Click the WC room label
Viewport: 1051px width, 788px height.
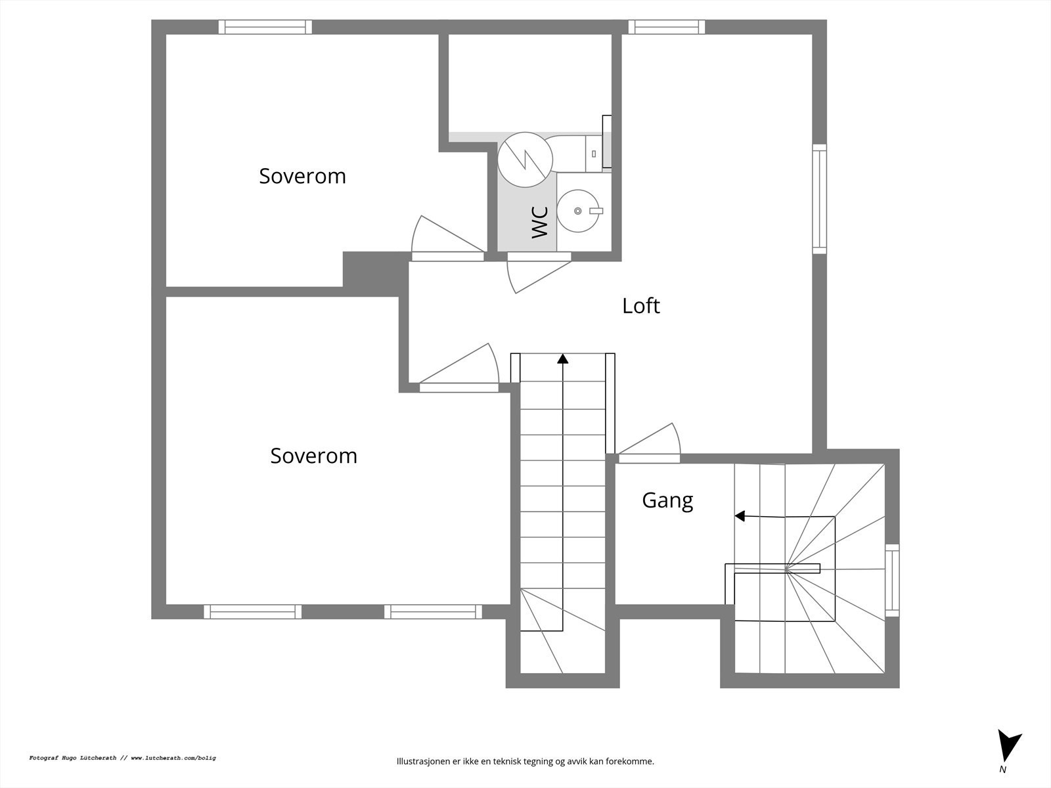click(x=539, y=222)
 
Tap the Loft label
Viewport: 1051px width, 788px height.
click(x=640, y=306)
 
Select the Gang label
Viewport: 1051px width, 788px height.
click(x=667, y=500)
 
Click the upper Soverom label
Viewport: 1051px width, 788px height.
click(x=302, y=176)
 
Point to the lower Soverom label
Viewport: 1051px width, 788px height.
click(x=313, y=456)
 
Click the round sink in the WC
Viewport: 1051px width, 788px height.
click(x=579, y=211)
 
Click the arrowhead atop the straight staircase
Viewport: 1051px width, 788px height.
click(x=562, y=359)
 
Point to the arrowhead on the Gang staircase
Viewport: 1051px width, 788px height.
click(x=739, y=516)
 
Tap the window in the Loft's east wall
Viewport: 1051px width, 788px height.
click(x=819, y=198)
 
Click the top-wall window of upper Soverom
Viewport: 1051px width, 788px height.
click(x=265, y=27)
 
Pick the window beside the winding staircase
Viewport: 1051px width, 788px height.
click(x=892, y=580)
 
